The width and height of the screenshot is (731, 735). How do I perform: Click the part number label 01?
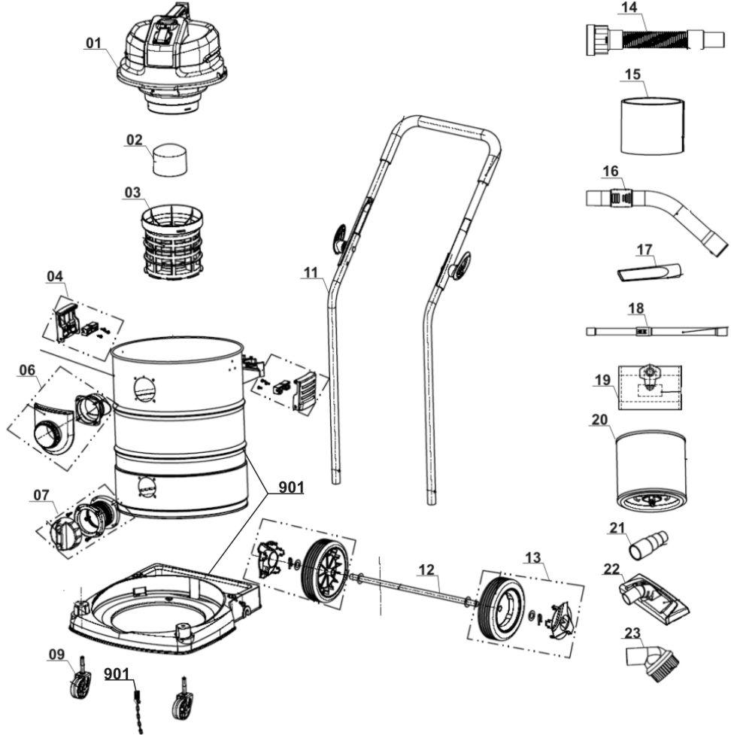tap(94, 43)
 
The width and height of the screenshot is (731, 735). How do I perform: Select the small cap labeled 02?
tap(171, 159)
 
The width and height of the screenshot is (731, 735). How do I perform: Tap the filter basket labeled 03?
tap(172, 242)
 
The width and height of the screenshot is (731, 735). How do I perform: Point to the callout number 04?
tap(55, 276)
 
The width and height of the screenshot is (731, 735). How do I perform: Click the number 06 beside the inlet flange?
tap(27, 370)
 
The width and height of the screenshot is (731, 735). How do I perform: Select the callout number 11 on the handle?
tap(311, 272)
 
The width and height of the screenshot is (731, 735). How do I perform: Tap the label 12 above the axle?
tap(426, 569)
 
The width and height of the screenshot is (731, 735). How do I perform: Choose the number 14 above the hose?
tap(629, 8)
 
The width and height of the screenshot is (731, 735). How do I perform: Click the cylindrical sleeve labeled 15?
tap(652, 126)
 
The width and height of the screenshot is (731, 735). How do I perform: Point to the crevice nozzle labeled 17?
tap(648, 272)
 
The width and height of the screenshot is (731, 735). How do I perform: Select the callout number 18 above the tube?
tap(636, 308)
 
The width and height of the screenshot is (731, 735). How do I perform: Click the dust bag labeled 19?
tap(650, 387)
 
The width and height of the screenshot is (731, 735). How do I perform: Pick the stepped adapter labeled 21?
tap(648, 544)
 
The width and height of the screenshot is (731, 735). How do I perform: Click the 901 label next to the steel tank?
tap(291, 487)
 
